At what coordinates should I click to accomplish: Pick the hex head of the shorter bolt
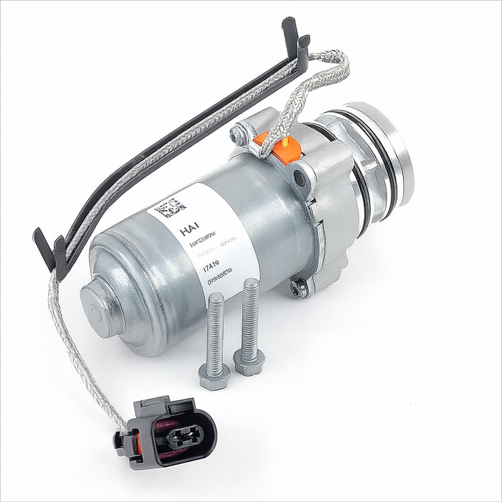(214, 374)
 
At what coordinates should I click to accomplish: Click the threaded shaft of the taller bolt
(250, 316)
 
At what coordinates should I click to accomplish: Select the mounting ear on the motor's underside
(298, 288)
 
